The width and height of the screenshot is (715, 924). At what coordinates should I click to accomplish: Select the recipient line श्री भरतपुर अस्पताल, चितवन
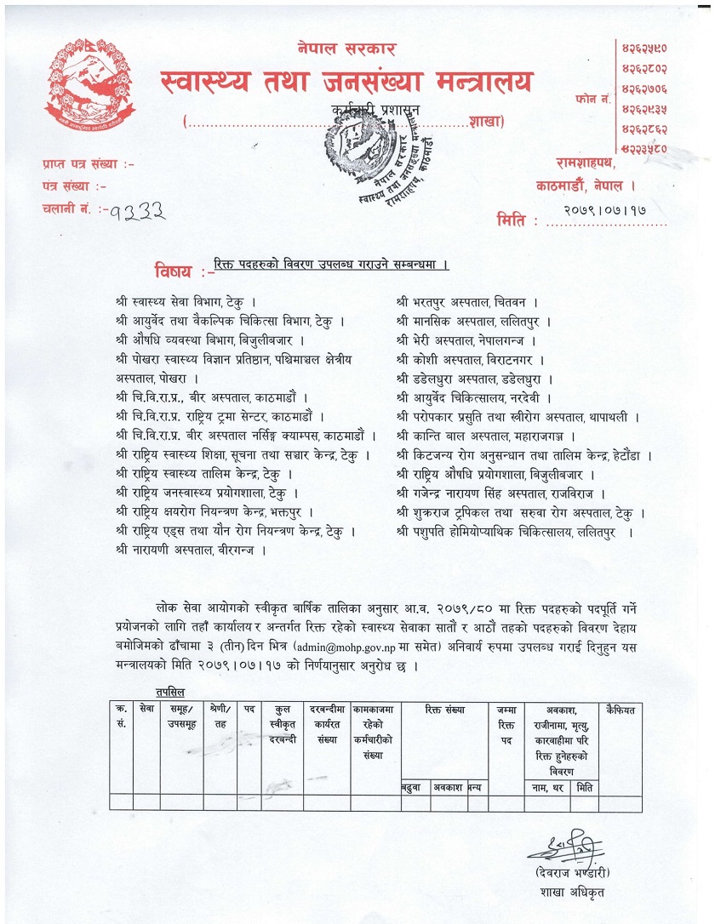[466, 301]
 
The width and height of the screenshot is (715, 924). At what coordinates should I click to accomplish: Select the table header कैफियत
[619, 709]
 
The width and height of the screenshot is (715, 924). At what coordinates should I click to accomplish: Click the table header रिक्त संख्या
[443, 709]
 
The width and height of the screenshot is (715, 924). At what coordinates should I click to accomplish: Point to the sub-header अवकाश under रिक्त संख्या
[448, 787]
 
